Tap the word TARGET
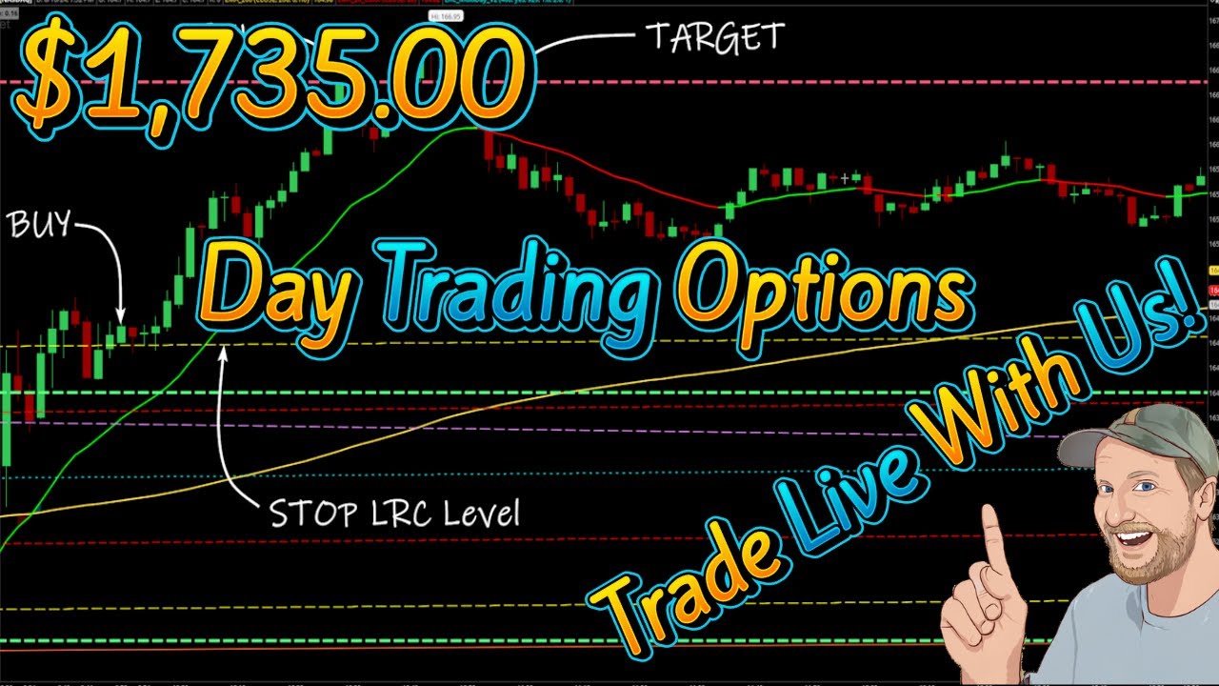(714, 38)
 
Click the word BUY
(39, 226)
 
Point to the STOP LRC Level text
(395, 514)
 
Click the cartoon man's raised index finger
(992, 543)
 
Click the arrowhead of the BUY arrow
(121, 318)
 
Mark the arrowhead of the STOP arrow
(224, 353)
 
